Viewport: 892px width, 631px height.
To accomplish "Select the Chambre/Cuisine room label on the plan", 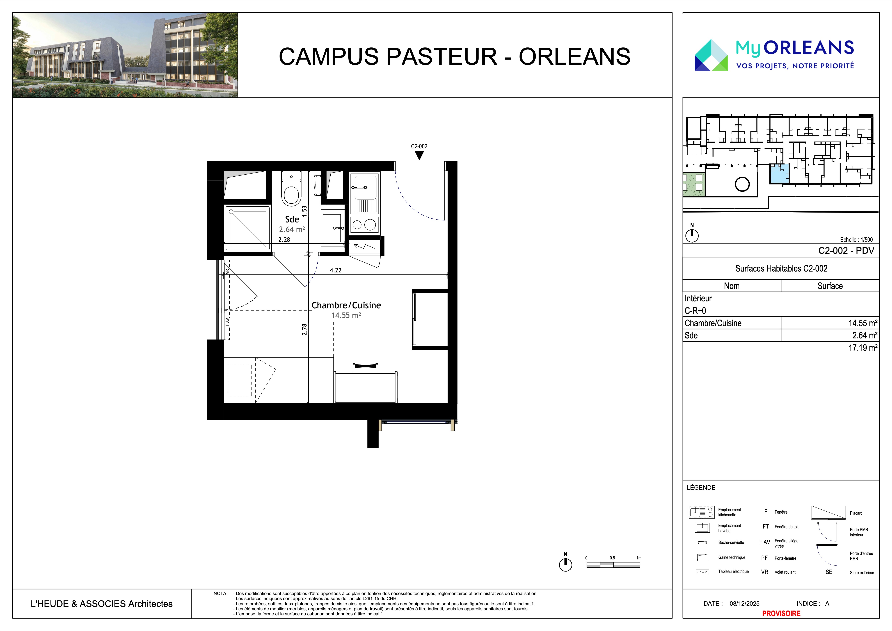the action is coord(346,305).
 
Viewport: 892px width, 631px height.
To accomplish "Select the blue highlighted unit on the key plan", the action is coord(779,174).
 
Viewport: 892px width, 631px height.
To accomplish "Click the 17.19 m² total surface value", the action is coord(863,348).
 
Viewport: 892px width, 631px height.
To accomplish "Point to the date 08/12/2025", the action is coord(744,603).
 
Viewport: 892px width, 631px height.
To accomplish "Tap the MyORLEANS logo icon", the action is coord(711,55).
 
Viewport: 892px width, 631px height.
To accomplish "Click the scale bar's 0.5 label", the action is coord(612,558).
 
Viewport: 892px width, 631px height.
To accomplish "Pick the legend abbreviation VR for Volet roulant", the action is coord(765,572).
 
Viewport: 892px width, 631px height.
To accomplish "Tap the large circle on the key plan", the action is coord(742,184).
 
